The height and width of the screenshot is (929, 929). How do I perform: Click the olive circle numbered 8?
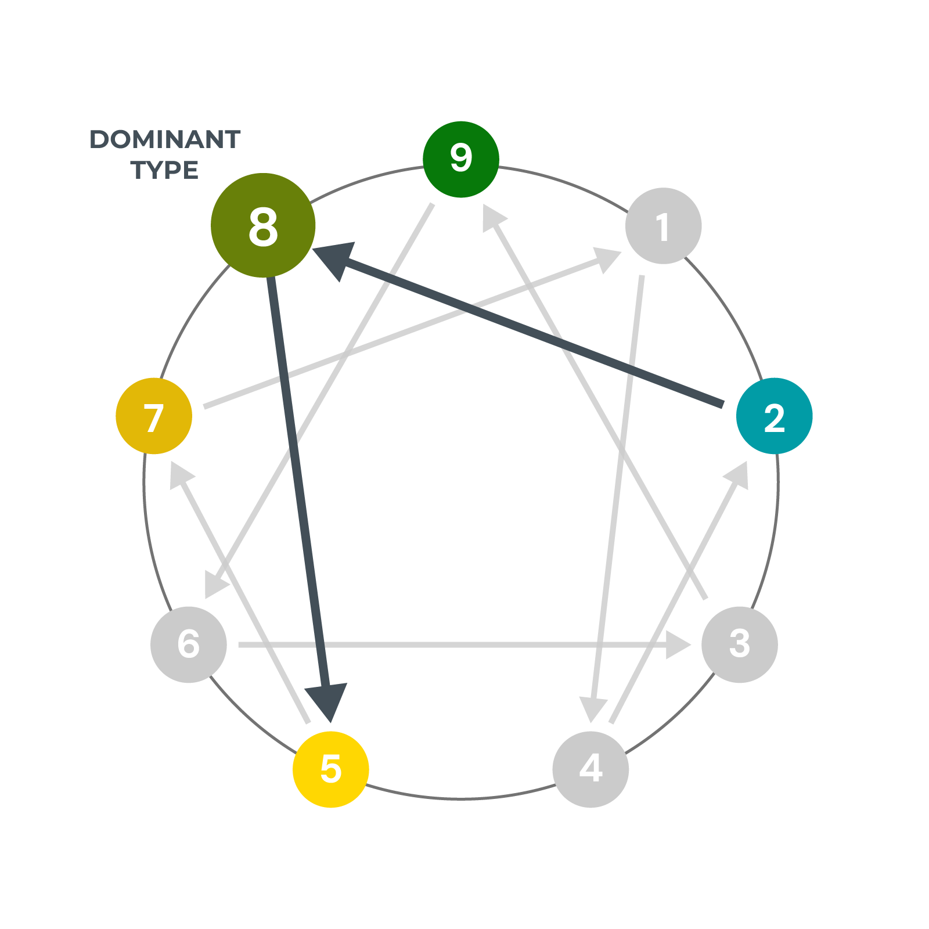coord(263,225)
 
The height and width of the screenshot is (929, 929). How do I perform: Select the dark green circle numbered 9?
coord(461,159)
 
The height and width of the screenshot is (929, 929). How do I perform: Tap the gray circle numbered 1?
coord(663,226)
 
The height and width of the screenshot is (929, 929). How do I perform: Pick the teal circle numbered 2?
coord(774,416)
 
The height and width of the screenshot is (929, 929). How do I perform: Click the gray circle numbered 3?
coord(740,644)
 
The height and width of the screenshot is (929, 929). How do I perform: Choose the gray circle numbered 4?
coord(590,769)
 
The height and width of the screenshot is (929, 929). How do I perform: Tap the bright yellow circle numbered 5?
coord(331,769)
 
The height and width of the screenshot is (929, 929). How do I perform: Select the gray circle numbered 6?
coord(189,644)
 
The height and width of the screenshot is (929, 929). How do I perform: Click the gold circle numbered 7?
coord(154,416)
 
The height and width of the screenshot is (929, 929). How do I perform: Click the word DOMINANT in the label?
coord(165,140)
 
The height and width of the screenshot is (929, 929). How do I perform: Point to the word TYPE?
coord(165,170)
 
